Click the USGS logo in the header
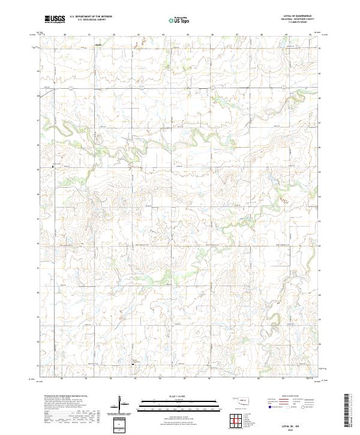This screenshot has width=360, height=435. [55, 20]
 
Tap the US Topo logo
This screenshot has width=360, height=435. [181, 20]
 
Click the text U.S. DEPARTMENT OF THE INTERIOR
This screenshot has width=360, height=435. [88, 17]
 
